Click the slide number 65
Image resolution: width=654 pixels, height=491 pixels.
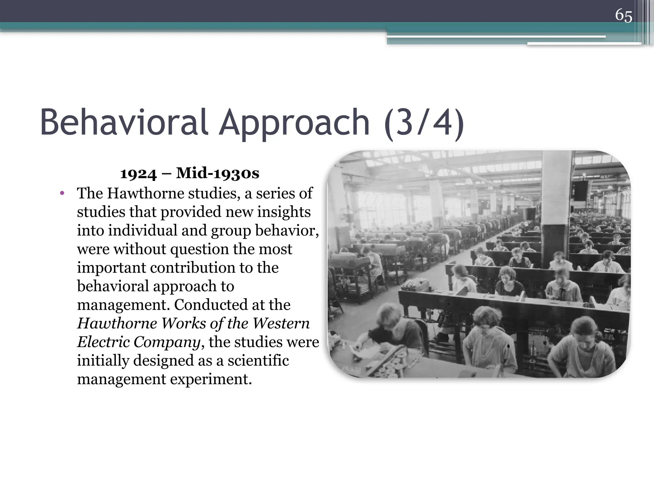pos(623,15)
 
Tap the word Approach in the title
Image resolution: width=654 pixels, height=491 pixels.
pos(294,123)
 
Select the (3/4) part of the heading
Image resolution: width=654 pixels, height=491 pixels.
pos(424,123)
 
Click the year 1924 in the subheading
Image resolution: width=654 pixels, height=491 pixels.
pos(138,174)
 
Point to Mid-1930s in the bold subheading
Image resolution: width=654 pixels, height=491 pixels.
pos(217,174)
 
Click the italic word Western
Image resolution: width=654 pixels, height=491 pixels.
pos(281,323)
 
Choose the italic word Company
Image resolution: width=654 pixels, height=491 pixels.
pos(167,342)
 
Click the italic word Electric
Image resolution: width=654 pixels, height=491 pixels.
pos(103,342)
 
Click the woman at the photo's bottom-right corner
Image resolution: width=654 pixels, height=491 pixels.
pos(584,345)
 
